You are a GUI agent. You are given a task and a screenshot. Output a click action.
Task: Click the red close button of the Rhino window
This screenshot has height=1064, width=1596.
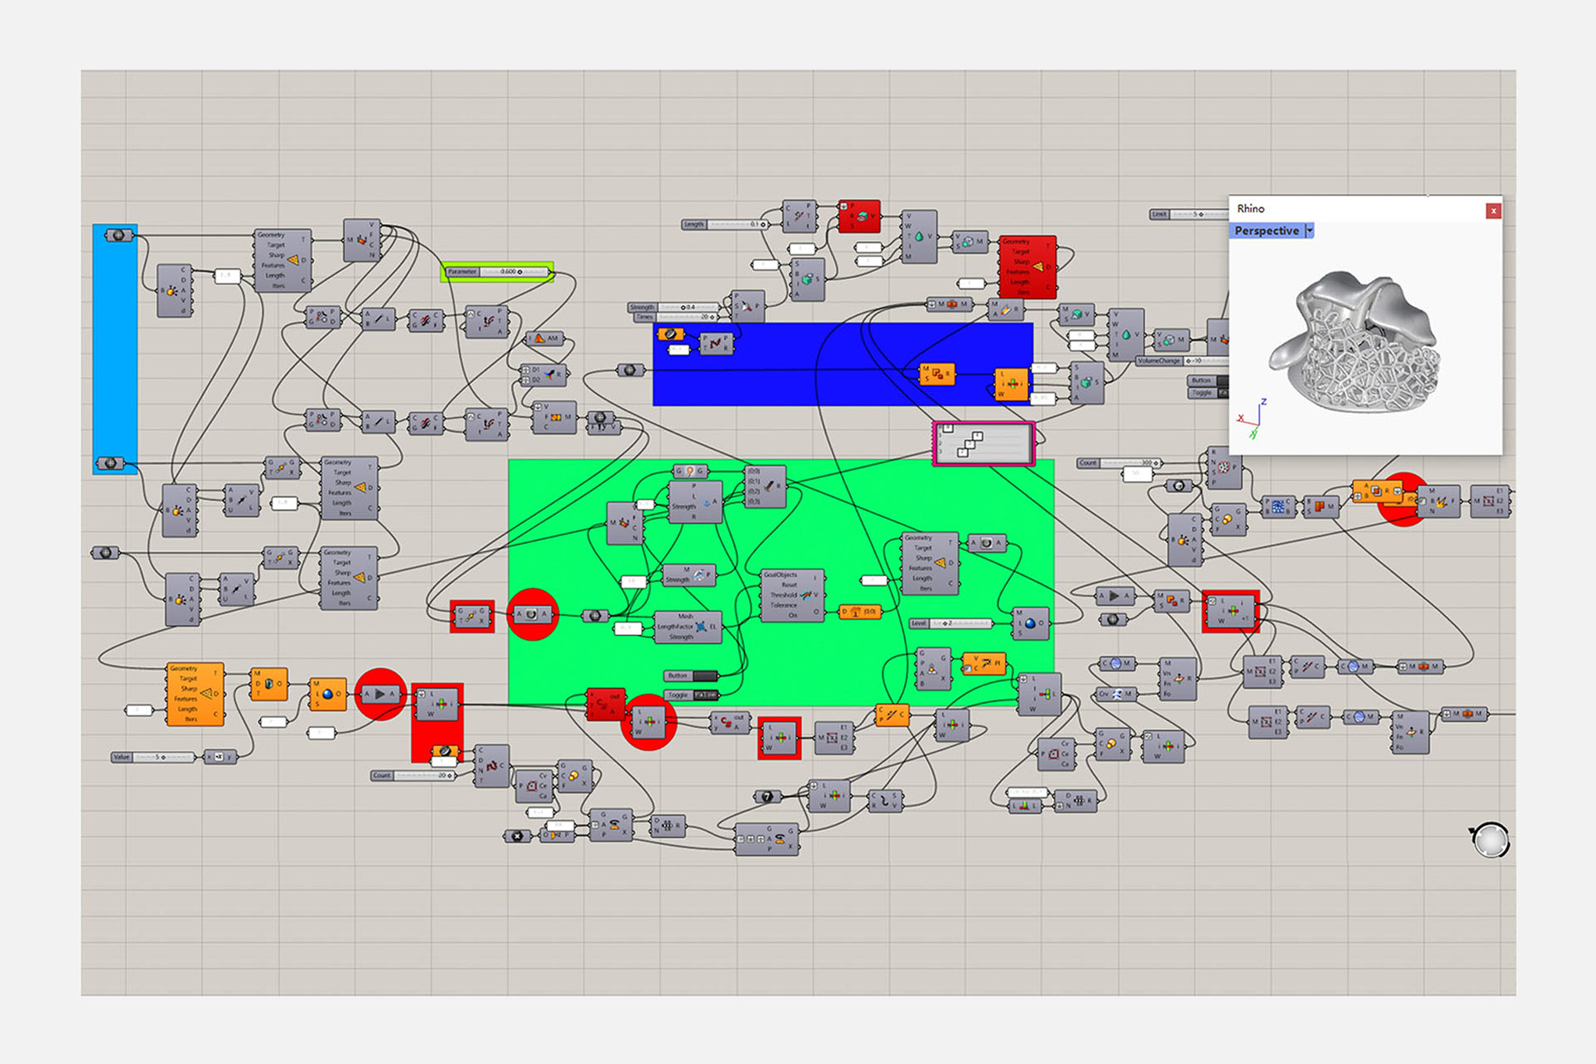1492,210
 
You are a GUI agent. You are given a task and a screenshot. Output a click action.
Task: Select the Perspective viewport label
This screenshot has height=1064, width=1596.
1266,231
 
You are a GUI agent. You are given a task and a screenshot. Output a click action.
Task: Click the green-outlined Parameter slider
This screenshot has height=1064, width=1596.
497,272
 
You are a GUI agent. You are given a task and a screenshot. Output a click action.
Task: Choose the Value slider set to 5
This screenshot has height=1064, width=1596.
154,757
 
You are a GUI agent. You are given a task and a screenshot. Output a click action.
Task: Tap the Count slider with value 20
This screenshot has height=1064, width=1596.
413,776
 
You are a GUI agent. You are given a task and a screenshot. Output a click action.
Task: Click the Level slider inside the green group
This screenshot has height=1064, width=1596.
951,624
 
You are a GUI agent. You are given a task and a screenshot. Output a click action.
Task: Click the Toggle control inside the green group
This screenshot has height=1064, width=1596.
691,695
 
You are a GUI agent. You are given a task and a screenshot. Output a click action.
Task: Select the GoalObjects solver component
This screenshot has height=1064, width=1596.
792,596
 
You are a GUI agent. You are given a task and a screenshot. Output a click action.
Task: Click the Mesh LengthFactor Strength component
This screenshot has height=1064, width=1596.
688,627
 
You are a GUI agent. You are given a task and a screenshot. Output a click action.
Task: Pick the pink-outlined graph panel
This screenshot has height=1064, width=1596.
983,444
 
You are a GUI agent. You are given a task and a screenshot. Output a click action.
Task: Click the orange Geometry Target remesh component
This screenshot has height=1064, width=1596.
195,694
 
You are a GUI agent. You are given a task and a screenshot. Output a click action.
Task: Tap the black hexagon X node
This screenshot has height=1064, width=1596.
517,836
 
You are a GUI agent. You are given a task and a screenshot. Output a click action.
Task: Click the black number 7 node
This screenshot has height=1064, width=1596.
767,797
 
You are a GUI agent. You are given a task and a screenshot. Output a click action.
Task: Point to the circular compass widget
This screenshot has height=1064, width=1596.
1491,840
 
